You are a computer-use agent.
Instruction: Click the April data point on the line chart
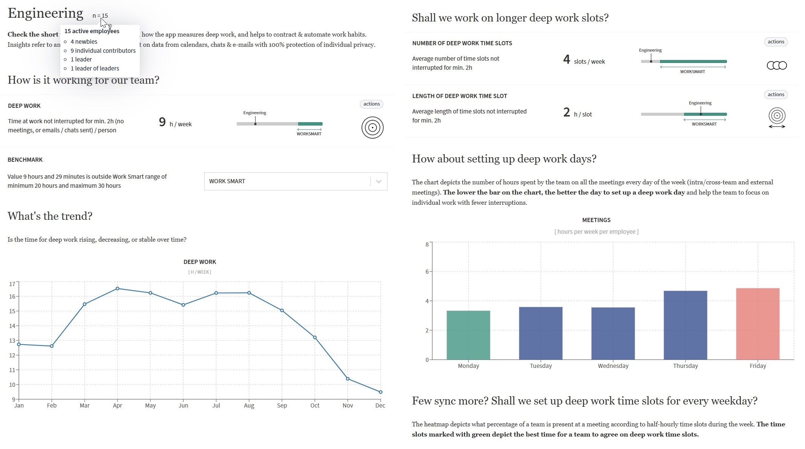point(118,288)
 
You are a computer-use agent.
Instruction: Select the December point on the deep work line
point(380,392)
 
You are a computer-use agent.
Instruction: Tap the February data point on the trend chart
point(52,346)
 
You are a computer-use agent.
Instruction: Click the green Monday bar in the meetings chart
point(468,335)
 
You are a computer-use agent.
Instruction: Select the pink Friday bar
point(758,324)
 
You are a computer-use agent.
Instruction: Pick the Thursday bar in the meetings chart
point(685,325)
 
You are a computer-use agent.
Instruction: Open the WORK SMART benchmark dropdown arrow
point(379,181)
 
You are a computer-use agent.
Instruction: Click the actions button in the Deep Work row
point(372,104)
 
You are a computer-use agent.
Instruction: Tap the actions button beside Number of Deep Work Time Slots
point(776,42)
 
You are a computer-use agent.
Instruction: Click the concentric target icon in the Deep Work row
point(372,128)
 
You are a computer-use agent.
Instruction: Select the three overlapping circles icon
point(777,66)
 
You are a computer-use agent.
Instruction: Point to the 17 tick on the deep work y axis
point(12,284)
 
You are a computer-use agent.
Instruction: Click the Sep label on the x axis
point(282,405)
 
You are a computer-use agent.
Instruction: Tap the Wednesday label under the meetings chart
point(613,366)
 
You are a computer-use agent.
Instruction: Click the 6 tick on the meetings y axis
point(427,271)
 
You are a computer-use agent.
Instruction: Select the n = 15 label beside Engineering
point(100,16)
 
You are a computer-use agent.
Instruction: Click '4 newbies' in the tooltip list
point(84,41)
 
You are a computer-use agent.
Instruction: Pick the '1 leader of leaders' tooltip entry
point(95,68)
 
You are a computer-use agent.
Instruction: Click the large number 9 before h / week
point(162,122)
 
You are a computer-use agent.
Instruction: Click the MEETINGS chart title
point(596,220)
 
